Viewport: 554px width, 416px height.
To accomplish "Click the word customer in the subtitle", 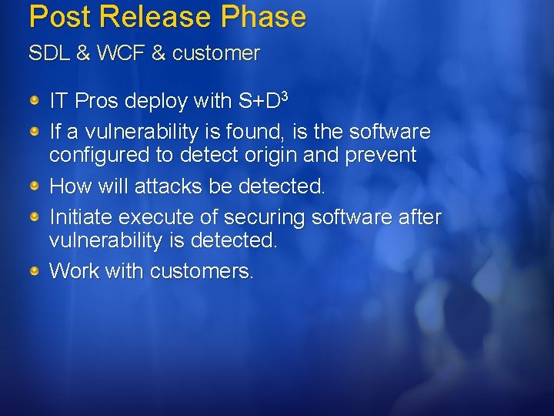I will (x=216, y=53).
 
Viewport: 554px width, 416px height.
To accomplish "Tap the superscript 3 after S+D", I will (x=284, y=96).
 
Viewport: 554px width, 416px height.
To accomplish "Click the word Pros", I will (x=92, y=101).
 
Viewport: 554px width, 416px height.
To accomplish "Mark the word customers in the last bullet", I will (x=202, y=271).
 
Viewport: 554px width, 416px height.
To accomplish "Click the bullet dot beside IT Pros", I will (x=35, y=101).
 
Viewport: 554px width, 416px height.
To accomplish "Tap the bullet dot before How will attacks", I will (x=35, y=186).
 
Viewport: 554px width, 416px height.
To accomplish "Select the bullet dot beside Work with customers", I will (x=35, y=271).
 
